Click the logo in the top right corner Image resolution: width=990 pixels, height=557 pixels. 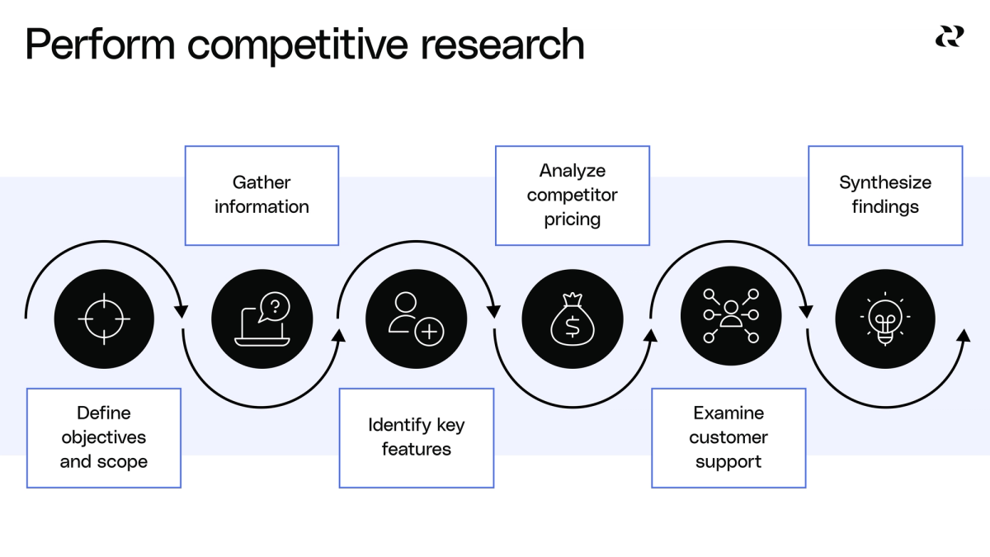948,37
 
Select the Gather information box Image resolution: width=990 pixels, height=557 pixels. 262,196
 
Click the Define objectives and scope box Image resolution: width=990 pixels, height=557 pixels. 104,437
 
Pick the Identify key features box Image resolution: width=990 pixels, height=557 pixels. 416,437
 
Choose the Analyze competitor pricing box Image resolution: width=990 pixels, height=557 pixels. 572,196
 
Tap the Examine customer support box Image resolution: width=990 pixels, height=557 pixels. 728,437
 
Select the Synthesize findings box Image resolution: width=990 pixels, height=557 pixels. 885,196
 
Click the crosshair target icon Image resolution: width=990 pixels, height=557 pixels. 104,319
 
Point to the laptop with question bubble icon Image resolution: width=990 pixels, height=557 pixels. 262,319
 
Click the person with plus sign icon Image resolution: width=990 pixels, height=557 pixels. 416,319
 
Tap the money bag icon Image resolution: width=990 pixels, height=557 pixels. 572,319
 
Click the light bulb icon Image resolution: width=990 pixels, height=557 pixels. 885,318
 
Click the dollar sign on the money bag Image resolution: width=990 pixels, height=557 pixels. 572,326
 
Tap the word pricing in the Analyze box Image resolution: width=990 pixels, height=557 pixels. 572,219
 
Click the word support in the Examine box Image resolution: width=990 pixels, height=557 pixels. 728,461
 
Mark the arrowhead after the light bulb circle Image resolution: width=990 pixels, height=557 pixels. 963,335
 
